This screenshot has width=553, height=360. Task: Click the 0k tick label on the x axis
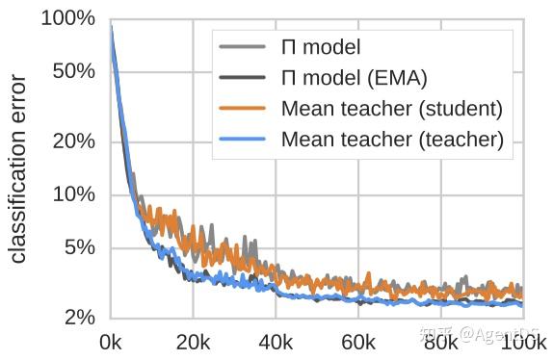click(111, 341)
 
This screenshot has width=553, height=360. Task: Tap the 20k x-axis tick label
click(193, 341)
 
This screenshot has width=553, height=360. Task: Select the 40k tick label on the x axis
click(276, 341)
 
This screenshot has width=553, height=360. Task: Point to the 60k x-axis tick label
click(358, 341)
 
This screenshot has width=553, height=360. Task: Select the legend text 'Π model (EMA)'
click(353, 76)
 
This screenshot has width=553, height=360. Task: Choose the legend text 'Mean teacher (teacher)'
click(392, 139)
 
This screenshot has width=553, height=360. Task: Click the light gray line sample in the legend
click(244, 45)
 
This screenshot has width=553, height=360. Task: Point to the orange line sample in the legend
click(244, 108)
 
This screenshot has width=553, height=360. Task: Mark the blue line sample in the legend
click(244, 139)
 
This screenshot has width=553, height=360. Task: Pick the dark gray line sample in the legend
click(244, 77)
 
